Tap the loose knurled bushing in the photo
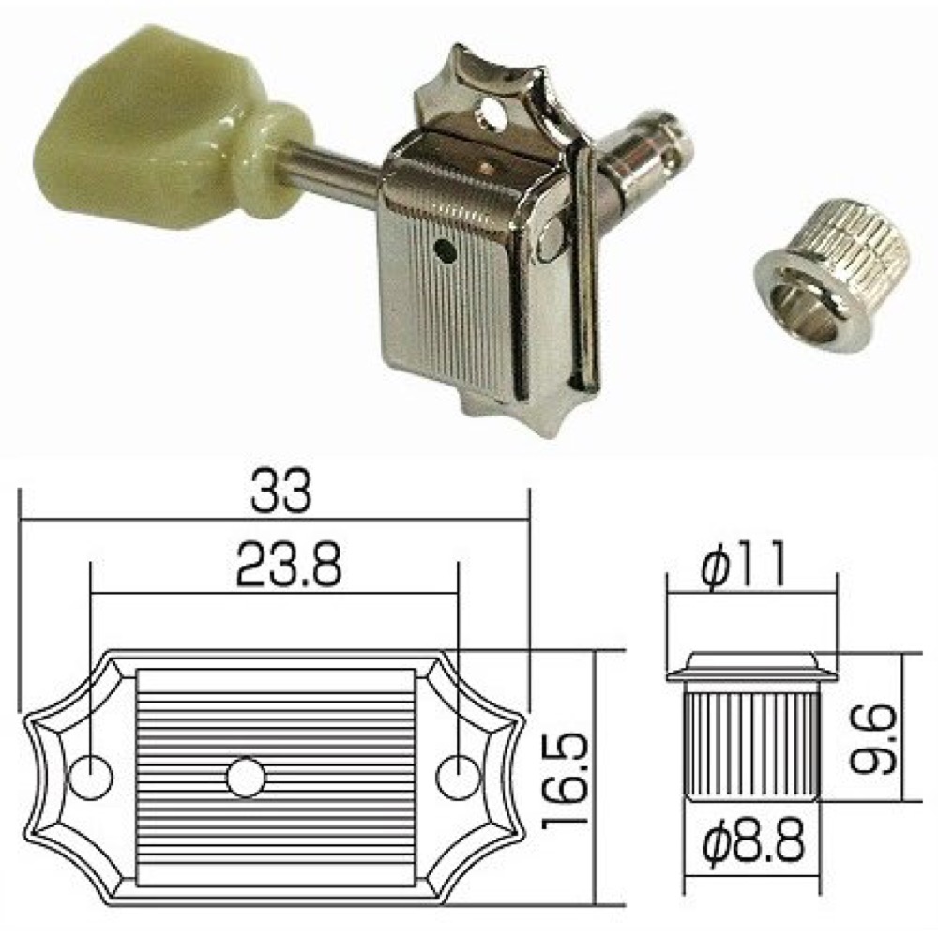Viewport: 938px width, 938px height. click(832, 278)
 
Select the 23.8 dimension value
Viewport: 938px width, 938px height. click(289, 564)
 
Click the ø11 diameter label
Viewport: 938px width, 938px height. click(742, 565)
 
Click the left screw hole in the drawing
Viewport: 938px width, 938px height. click(91, 777)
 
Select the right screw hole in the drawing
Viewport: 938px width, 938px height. click(459, 777)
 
